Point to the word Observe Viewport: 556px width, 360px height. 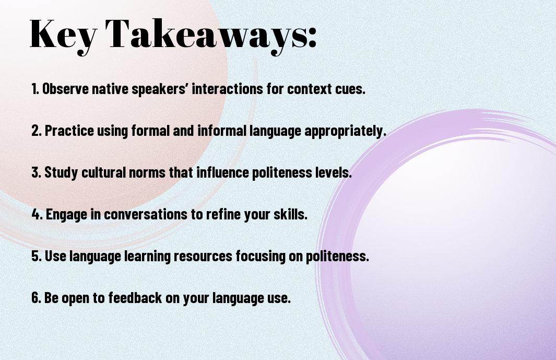(x=66, y=89)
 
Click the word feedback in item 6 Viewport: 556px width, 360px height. (x=135, y=297)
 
